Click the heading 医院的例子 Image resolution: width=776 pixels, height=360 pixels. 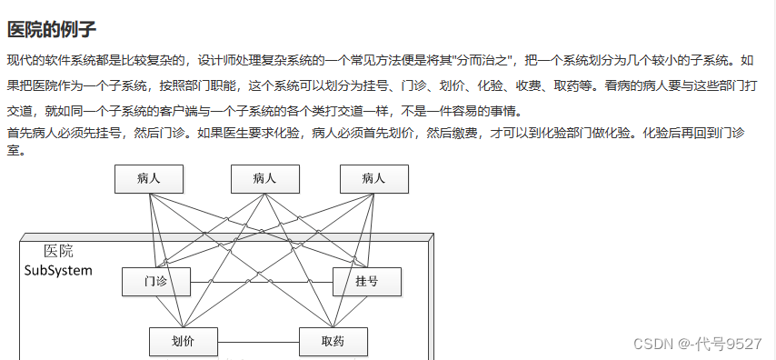[x=51, y=29]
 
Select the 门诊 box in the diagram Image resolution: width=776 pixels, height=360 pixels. [x=156, y=282]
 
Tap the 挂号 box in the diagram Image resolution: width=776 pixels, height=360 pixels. [x=367, y=282]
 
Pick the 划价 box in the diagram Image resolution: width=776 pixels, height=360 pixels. [x=184, y=342]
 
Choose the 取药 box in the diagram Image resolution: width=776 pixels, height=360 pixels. [x=333, y=342]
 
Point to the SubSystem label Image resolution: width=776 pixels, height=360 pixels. [x=58, y=271]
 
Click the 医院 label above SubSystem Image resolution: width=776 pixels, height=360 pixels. [x=58, y=251]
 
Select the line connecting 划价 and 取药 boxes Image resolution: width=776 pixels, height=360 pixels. [x=258, y=342]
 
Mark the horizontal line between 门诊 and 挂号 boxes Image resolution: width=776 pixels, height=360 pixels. [x=262, y=282]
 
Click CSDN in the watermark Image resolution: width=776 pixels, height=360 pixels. [x=652, y=343]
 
